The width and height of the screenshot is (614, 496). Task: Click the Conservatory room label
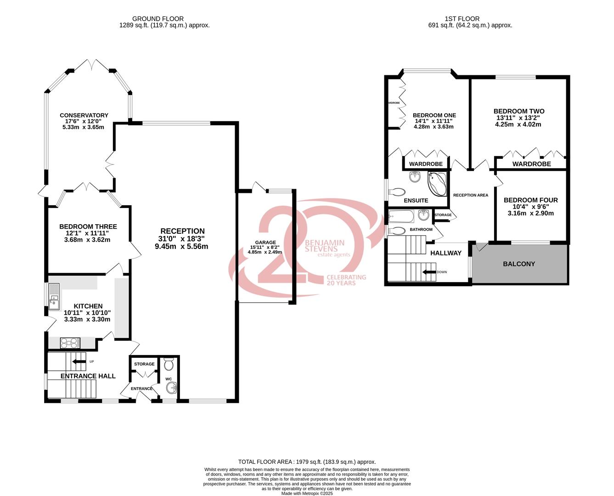coord(84,115)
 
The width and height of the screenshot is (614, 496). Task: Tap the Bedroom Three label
coord(88,226)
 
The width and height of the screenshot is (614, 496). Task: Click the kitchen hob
coord(70,342)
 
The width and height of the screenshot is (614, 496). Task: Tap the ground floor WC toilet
coord(169,365)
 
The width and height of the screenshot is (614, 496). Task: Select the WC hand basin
coord(171,389)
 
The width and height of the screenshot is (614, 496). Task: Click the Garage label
coord(265,242)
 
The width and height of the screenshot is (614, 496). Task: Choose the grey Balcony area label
coord(519,264)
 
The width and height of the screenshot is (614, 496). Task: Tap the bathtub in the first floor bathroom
coord(401,216)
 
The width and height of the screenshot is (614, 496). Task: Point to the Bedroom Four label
coord(530,200)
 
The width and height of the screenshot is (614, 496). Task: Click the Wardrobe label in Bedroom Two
coord(531,164)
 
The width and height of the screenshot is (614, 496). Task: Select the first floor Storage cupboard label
coord(443,215)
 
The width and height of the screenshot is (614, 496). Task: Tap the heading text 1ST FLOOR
coord(462,19)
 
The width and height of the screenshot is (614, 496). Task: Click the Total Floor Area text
coord(307,462)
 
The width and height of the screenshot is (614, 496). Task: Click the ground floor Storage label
coord(144,364)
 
